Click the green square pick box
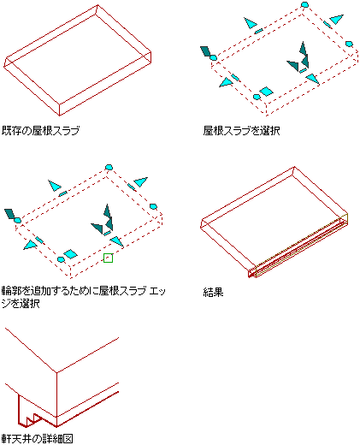pyautogui.click(x=108, y=258)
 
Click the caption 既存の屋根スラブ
pyautogui.click(x=40, y=131)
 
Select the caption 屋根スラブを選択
pyautogui.click(x=241, y=131)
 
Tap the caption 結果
pyautogui.click(x=213, y=292)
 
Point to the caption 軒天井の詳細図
pyautogui.click(x=38, y=438)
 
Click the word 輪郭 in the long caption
pyautogui.click(x=11, y=291)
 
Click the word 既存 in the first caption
pyautogui.click(x=11, y=131)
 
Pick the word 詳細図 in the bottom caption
pyautogui.click(x=58, y=438)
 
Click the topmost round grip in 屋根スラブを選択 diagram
pyautogui.click(x=304, y=4)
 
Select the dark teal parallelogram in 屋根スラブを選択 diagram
pyautogui.click(x=205, y=51)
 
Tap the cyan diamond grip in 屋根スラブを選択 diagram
pyautogui.click(x=267, y=92)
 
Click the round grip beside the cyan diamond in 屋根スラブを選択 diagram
pyautogui.click(x=257, y=97)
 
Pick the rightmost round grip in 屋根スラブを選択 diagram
pyautogui.click(x=349, y=44)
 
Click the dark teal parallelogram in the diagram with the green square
pyautogui.click(x=9, y=214)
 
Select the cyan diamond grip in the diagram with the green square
pyautogui.click(x=70, y=254)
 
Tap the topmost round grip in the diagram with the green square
pyautogui.click(x=109, y=167)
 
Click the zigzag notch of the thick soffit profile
pyautogui.click(x=34, y=419)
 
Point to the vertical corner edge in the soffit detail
pyautogui.click(x=56, y=400)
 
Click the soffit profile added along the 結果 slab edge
pyautogui.click(x=298, y=246)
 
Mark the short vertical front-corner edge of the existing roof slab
pyautogui.click(x=60, y=110)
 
